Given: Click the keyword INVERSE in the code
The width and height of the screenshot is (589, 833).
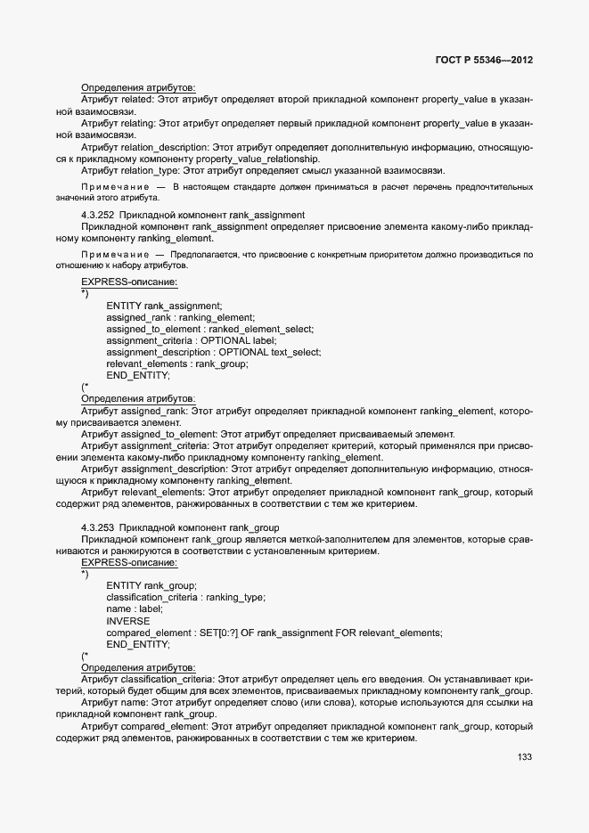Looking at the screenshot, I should (127, 620).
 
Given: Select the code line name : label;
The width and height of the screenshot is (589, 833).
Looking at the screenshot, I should (135, 608).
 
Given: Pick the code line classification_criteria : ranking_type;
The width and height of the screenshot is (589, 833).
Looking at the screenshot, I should (185, 597).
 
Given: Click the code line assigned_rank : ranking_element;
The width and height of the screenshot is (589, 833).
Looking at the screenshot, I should (181, 317).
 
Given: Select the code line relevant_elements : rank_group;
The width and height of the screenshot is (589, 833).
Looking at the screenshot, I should (177, 363).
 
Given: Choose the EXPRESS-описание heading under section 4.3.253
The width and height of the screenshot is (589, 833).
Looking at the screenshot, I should (129, 562).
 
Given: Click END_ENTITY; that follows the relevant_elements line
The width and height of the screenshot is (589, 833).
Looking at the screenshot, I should (138, 375).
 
